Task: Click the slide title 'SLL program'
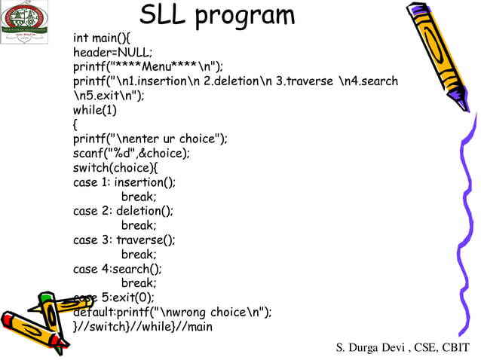point(217,15)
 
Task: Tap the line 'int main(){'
point(102,38)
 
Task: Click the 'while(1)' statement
point(95,110)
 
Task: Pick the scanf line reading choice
point(131,153)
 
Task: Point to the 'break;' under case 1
point(139,197)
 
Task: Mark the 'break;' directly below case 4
point(139,283)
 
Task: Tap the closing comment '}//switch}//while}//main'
point(142,327)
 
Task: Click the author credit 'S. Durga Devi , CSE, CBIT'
point(402,346)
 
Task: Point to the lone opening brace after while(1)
point(75,124)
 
